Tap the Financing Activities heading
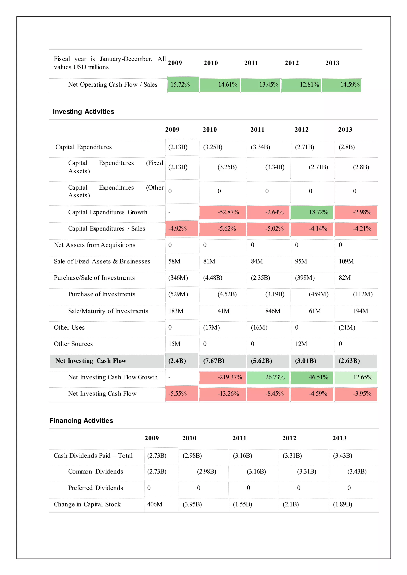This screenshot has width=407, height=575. [x=81, y=421]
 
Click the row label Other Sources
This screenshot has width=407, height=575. [x=73, y=344]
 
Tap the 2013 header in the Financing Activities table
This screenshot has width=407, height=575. [x=339, y=438]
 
